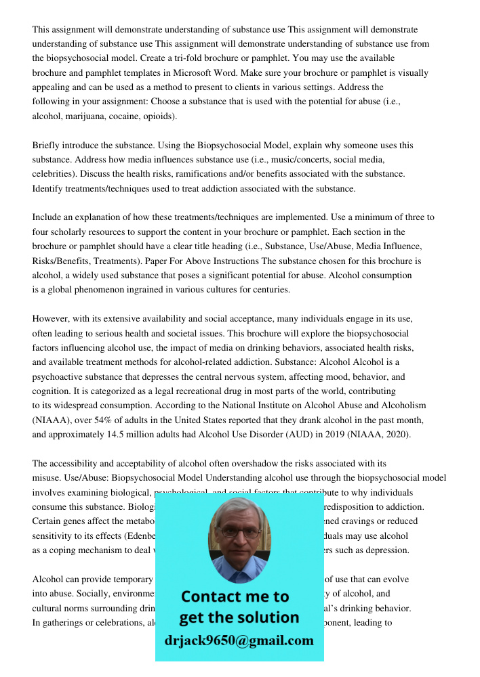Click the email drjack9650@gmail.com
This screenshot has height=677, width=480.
tap(239, 640)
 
